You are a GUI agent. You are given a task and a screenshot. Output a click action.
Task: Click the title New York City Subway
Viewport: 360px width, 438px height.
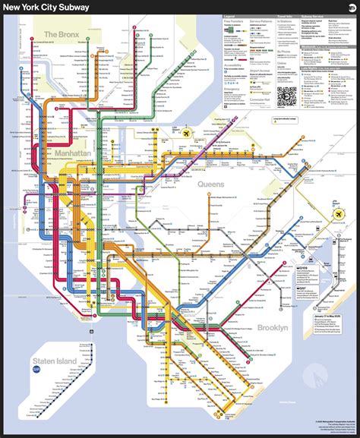point(46,7)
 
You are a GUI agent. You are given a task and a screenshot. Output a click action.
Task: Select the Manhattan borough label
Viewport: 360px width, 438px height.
point(73,153)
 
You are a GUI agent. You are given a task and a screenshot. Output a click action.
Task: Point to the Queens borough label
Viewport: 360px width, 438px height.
point(210,184)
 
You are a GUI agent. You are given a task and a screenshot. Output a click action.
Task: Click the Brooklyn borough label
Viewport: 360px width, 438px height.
point(270,327)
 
